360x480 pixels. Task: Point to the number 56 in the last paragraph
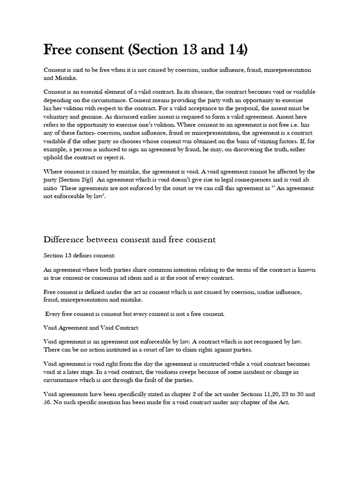47,402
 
